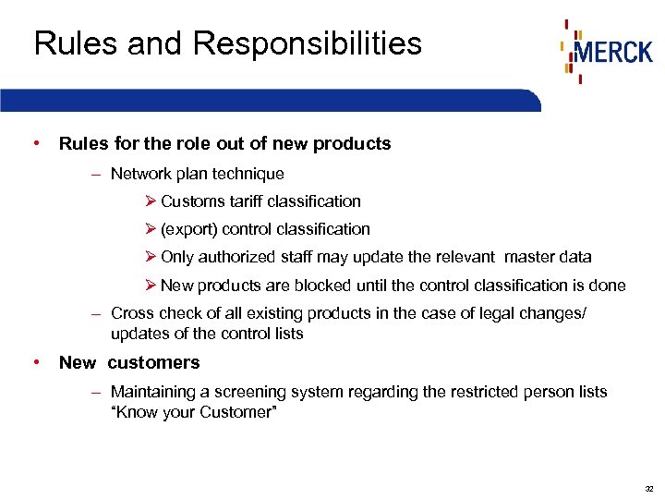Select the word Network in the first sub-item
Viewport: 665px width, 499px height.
click(x=140, y=174)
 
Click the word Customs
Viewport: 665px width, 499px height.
click(x=190, y=201)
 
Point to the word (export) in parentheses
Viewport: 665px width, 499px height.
click(x=187, y=229)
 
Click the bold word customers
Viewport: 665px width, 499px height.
click(x=155, y=362)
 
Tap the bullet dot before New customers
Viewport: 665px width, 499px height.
click(x=35, y=361)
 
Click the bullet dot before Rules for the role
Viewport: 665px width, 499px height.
click(x=35, y=143)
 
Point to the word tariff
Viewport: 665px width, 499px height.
click(x=244, y=201)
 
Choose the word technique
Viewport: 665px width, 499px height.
click(x=249, y=174)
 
